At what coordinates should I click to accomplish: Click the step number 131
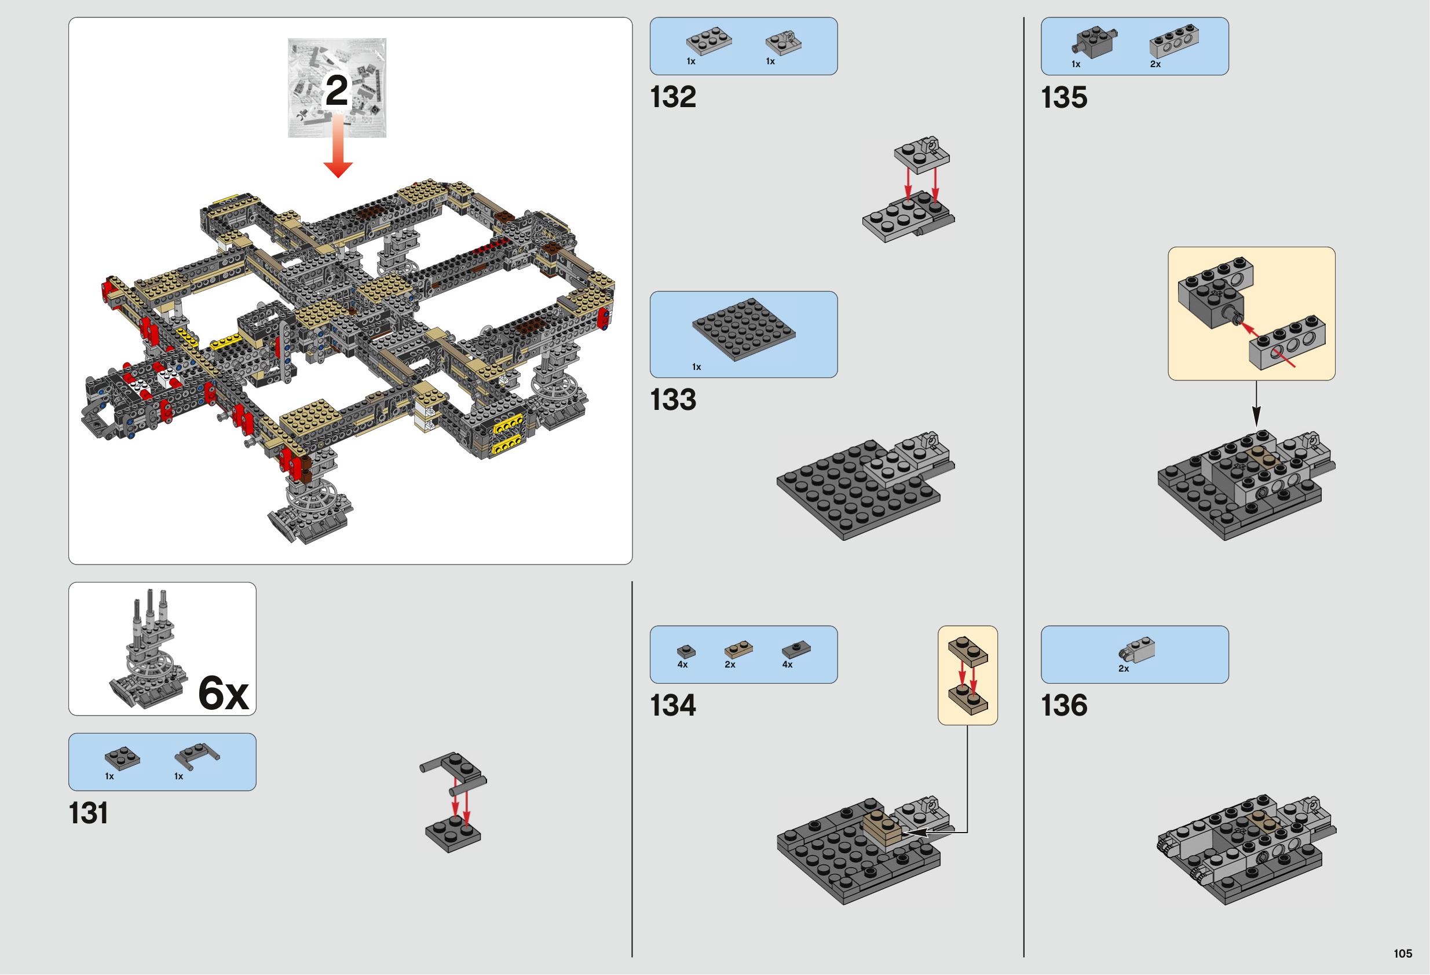pos(89,813)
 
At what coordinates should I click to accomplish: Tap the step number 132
pos(673,97)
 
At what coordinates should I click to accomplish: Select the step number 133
pos(673,400)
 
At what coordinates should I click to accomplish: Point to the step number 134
pos(673,706)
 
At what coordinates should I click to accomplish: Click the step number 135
pos(1065,97)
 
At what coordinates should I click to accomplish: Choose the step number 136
pos(1065,706)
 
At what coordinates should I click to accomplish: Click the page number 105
pos(1403,954)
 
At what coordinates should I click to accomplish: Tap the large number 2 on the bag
pos(337,90)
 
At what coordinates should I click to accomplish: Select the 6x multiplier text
pos(224,693)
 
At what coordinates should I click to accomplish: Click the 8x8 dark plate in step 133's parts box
pos(743,329)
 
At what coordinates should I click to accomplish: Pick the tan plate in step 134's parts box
pos(738,650)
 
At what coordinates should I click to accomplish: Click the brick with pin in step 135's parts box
pos(1093,42)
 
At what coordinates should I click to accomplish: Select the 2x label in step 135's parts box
pos(1155,64)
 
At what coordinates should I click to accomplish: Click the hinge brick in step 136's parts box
pos(1136,650)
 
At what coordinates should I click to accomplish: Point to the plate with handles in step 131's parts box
pos(197,756)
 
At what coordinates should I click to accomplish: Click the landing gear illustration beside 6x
pos(148,649)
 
